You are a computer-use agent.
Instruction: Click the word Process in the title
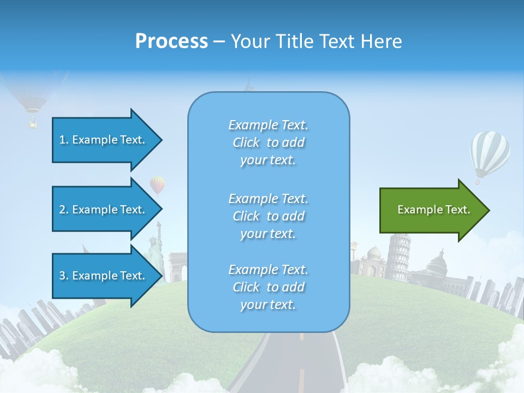(x=171, y=41)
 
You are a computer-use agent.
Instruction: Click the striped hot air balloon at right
(x=490, y=153)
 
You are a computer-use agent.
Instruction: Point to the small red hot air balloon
(x=157, y=185)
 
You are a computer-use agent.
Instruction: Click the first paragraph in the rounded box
(x=268, y=142)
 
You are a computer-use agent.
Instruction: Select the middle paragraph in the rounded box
(x=268, y=216)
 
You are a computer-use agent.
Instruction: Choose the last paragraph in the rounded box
(x=268, y=287)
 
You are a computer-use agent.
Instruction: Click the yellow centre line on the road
(x=301, y=377)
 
